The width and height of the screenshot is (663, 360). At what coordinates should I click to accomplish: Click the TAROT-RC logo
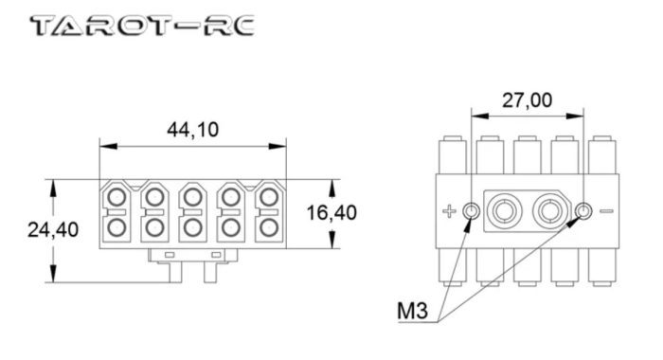point(142,26)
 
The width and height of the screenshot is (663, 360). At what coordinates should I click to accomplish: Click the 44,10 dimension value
point(193,130)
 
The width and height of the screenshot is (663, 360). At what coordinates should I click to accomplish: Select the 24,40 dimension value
point(53,229)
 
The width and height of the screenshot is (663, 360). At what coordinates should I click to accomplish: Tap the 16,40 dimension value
point(331,212)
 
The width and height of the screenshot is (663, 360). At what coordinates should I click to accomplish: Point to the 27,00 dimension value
point(527,100)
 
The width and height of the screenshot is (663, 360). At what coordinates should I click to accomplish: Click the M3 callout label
point(412,311)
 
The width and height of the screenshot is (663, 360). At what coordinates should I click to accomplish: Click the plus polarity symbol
point(449,210)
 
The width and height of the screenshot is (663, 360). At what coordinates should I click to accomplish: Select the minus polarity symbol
point(607,211)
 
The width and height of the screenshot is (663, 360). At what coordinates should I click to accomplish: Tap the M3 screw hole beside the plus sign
point(471,210)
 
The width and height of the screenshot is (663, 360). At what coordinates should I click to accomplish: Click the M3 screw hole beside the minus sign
point(584,210)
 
